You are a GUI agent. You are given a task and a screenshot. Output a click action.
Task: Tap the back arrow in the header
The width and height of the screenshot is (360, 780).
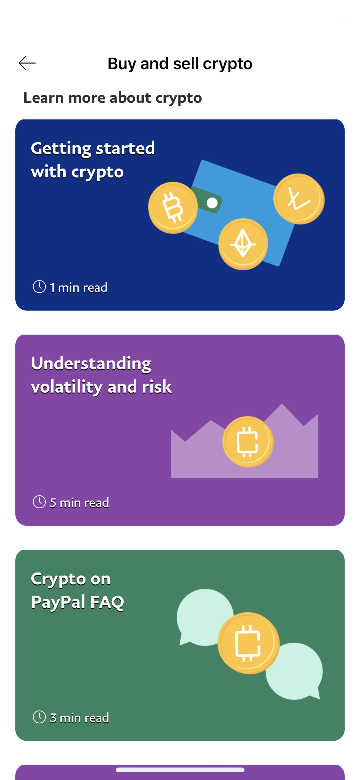27,63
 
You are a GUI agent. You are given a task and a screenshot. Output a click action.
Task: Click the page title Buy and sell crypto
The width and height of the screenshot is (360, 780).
180,64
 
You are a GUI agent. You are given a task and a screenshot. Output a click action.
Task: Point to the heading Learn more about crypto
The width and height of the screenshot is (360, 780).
113,98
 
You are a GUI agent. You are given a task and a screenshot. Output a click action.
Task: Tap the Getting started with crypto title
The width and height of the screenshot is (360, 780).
93,160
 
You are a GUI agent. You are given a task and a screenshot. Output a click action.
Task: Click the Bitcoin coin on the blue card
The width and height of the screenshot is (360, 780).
173,208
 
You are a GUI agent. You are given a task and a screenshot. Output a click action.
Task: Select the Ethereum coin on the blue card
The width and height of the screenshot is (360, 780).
243,244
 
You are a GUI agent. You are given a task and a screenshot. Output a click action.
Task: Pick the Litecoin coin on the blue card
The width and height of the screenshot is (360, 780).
299,199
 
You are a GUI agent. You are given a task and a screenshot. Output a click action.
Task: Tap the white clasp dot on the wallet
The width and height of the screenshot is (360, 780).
212,203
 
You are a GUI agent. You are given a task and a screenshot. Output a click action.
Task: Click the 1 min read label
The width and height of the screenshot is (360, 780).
78,288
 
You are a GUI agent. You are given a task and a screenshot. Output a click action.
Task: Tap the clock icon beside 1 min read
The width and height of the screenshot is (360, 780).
39,287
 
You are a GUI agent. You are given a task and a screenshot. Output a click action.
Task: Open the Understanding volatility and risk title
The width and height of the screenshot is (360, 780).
101,375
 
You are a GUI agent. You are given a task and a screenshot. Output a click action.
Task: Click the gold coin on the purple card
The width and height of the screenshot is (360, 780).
248,442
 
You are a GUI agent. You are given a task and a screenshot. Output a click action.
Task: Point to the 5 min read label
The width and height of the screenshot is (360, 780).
79,503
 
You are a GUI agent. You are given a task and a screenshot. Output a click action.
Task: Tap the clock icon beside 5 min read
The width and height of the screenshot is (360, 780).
39,502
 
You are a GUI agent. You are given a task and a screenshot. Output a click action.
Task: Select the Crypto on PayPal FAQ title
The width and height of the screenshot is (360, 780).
77,590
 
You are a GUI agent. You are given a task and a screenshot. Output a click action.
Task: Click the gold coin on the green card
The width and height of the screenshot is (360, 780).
249,643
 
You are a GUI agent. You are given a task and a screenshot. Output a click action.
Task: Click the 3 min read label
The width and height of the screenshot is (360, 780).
79,718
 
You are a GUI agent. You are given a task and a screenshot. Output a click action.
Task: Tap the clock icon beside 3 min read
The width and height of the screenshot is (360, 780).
39,717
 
